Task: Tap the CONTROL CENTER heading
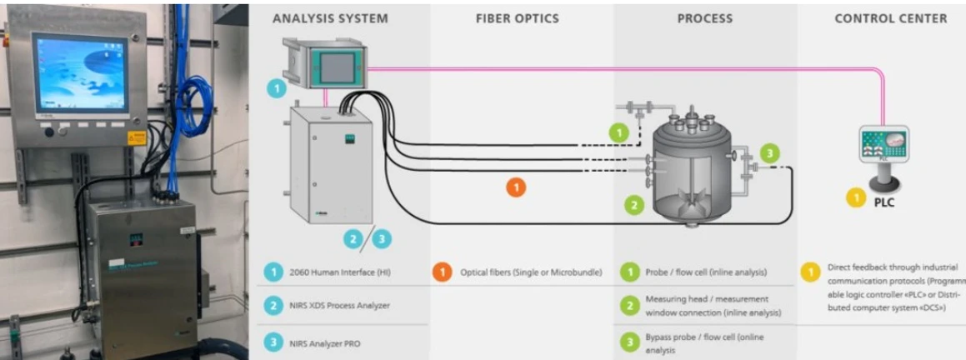pyautogui.click(x=890, y=18)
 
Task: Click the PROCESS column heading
pyautogui.click(x=705, y=18)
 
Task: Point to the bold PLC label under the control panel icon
pyautogui.click(x=884, y=202)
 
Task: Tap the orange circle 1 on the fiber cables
pyautogui.click(x=516, y=187)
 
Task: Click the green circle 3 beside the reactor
pyautogui.click(x=771, y=152)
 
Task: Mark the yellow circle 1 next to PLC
pyautogui.click(x=855, y=198)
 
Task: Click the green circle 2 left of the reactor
pyautogui.click(x=634, y=203)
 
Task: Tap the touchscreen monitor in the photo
pyautogui.click(x=81, y=74)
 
